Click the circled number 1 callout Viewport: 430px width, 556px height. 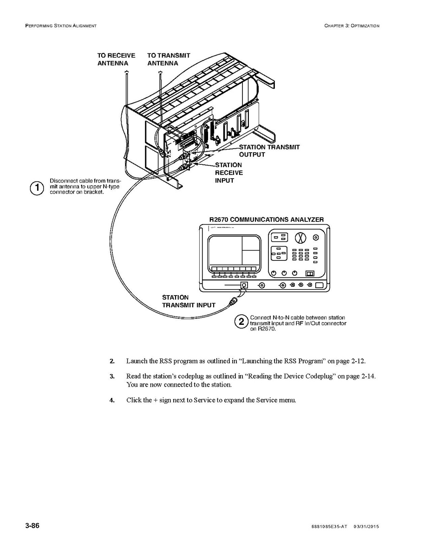[x=37, y=188]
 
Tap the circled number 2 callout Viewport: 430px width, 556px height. [x=241, y=322]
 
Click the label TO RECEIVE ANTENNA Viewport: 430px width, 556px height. [x=116, y=59]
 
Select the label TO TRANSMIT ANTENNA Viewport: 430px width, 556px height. [x=169, y=59]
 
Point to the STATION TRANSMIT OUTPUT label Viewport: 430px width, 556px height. [x=269, y=151]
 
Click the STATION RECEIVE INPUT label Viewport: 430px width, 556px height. [x=228, y=173]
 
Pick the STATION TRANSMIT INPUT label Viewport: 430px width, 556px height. [x=189, y=301]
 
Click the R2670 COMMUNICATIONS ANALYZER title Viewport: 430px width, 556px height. [x=267, y=220]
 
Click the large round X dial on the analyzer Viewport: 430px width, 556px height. [x=301, y=238]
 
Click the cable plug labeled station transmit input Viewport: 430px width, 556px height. [x=233, y=303]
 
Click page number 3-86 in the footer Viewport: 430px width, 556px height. [x=32, y=526]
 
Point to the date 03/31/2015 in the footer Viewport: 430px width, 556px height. [x=366, y=527]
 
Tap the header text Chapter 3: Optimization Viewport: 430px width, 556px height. [x=352, y=26]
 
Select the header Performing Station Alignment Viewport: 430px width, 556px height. [x=61, y=26]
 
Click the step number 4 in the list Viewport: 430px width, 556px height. [x=112, y=401]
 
